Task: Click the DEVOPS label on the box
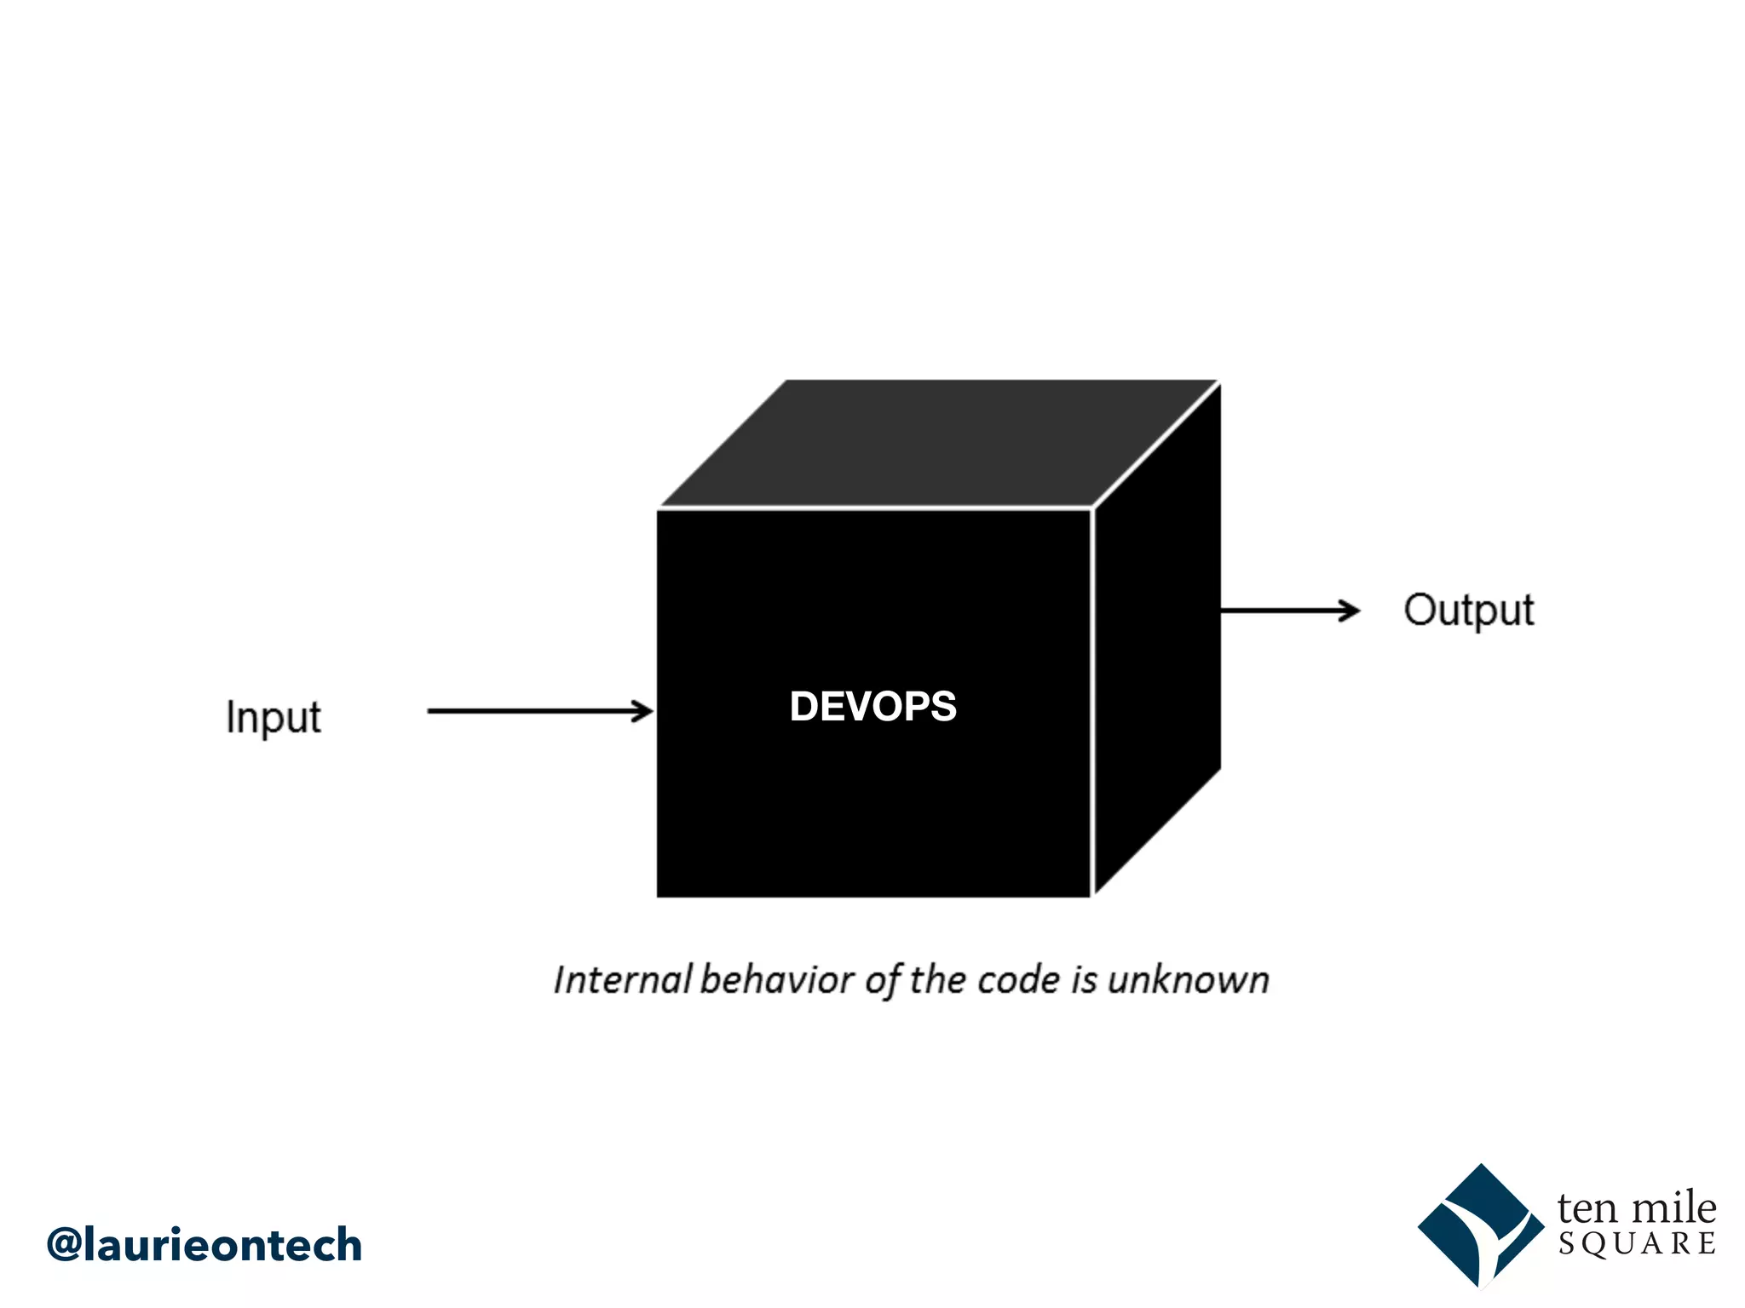coord(872,707)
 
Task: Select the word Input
coord(274,717)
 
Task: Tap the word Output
coord(1468,611)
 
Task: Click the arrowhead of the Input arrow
coord(643,711)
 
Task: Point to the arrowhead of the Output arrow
coord(1351,611)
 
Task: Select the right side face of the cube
coord(1157,647)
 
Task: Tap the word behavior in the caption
coord(777,980)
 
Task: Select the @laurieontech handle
coord(204,1245)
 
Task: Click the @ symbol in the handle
coord(65,1245)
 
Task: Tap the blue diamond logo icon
coord(1481,1226)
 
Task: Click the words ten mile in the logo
coord(1636,1208)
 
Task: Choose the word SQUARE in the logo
coord(1637,1244)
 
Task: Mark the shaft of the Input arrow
coord(528,711)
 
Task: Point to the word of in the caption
coord(883,981)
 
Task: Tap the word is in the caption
coord(1084,980)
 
